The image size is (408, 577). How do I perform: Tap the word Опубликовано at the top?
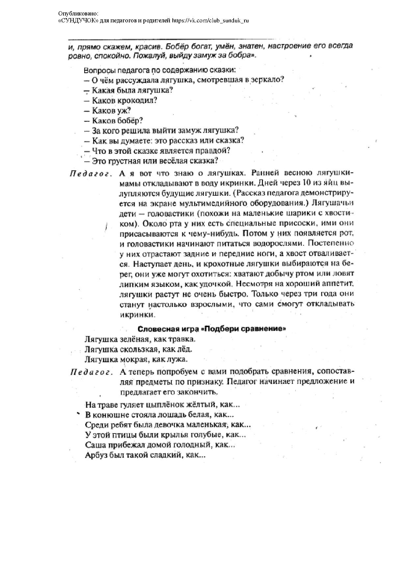pos(78,13)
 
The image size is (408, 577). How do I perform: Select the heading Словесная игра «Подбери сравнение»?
pos(211,329)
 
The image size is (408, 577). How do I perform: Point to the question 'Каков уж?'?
pos(111,111)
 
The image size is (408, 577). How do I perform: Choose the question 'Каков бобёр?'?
pos(117,121)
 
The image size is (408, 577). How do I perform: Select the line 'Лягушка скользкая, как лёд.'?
pos(138,349)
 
